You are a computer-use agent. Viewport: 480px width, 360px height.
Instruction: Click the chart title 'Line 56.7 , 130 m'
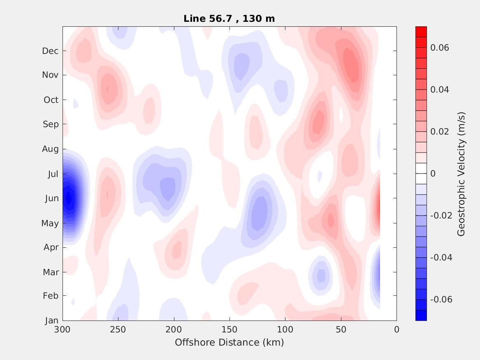[229, 19]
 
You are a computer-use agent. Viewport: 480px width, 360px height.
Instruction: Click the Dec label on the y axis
[50, 51]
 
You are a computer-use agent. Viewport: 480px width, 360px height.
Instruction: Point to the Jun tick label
[51, 198]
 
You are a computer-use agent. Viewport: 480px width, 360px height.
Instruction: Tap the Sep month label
[51, 124]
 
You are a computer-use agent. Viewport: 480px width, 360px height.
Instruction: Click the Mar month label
[51, 272]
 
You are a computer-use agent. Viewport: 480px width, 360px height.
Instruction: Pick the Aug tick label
[50, 149]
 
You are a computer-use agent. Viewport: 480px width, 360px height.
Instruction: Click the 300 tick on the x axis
[63, 330]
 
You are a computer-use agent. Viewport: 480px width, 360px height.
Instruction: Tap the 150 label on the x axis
[230, 330]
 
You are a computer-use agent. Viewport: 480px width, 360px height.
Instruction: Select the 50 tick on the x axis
[341, 330]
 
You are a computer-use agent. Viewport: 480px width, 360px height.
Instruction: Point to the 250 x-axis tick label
[118, 330]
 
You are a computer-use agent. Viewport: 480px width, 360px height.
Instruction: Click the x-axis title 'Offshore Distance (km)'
[229, 342]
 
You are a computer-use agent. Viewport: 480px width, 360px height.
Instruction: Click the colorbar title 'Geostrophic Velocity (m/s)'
[461, 174]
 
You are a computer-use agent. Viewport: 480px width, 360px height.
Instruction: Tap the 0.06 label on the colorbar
[439, 48]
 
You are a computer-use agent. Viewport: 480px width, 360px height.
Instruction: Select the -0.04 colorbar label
[441, 258]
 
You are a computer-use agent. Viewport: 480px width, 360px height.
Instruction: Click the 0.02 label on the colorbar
[439, 132]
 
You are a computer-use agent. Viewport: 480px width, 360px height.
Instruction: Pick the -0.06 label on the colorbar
[441, 300]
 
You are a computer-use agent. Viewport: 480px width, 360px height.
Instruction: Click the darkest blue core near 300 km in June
[68, 199]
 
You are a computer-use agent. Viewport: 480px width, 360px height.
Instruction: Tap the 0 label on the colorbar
[433, 174]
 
